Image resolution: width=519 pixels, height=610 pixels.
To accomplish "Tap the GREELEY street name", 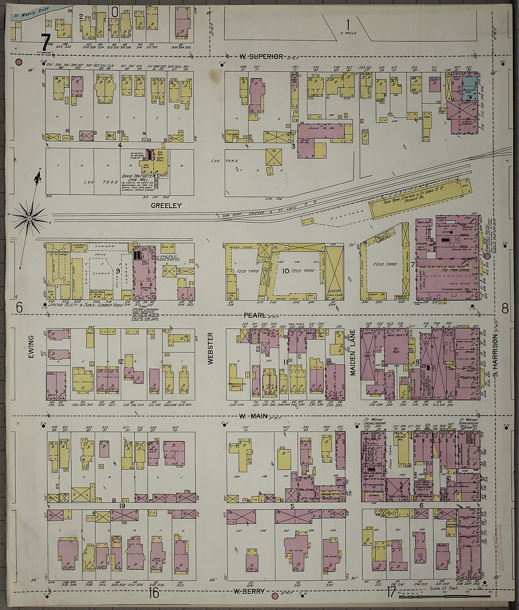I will [x=166, y=206].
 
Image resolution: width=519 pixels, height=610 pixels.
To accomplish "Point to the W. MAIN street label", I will [x=253, y=416].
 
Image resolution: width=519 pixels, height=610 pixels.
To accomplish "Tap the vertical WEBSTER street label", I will [x=210, y=349].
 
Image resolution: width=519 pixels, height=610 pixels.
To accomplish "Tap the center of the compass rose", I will [x=30, y=218].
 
